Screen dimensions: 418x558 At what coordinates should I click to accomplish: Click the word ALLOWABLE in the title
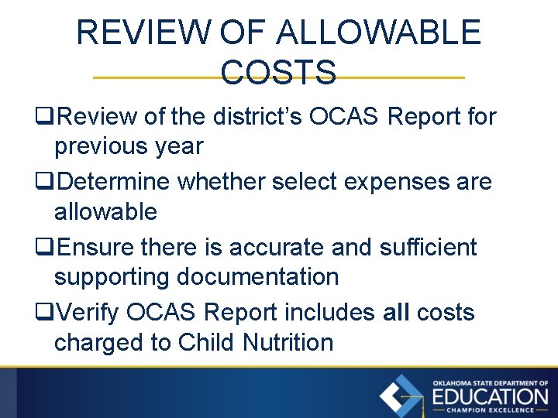point(378,33)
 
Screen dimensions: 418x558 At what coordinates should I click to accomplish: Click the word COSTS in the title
point(278,72)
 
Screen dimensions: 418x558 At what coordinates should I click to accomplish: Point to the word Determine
point(114,183)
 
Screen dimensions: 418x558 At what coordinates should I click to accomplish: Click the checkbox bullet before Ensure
point(43,248)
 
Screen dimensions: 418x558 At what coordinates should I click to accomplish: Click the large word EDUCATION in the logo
point(489,397)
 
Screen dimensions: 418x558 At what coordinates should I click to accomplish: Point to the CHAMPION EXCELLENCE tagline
point(489,410)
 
